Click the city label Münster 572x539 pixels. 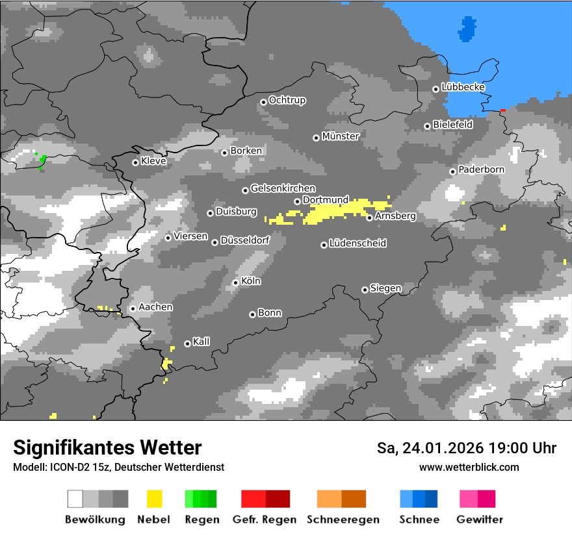pos(341,136)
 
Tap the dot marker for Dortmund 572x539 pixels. pos(297,201)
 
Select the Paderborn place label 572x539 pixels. pos(481,169)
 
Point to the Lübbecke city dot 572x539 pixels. pos(435,89)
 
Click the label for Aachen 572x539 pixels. pos(155,307)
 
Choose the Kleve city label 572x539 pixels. pos(153,161)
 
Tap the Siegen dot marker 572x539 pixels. pos(365,290)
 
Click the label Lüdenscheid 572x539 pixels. pos(357,244)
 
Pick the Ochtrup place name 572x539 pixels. pos(287,101)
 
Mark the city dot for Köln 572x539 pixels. pos(235,282)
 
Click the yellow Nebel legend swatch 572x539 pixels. pos(154,499)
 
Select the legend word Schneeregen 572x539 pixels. pos(343,520)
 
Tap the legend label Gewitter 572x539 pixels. pos(480,520)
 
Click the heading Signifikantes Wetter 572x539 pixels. pos(107,447)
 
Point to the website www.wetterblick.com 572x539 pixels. pos(469,467)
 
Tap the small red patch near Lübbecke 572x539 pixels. pos(502,110)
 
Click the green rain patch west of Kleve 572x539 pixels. pos(42,162)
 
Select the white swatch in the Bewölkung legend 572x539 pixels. pos(75,499)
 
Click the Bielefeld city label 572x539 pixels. pos(452,125)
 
